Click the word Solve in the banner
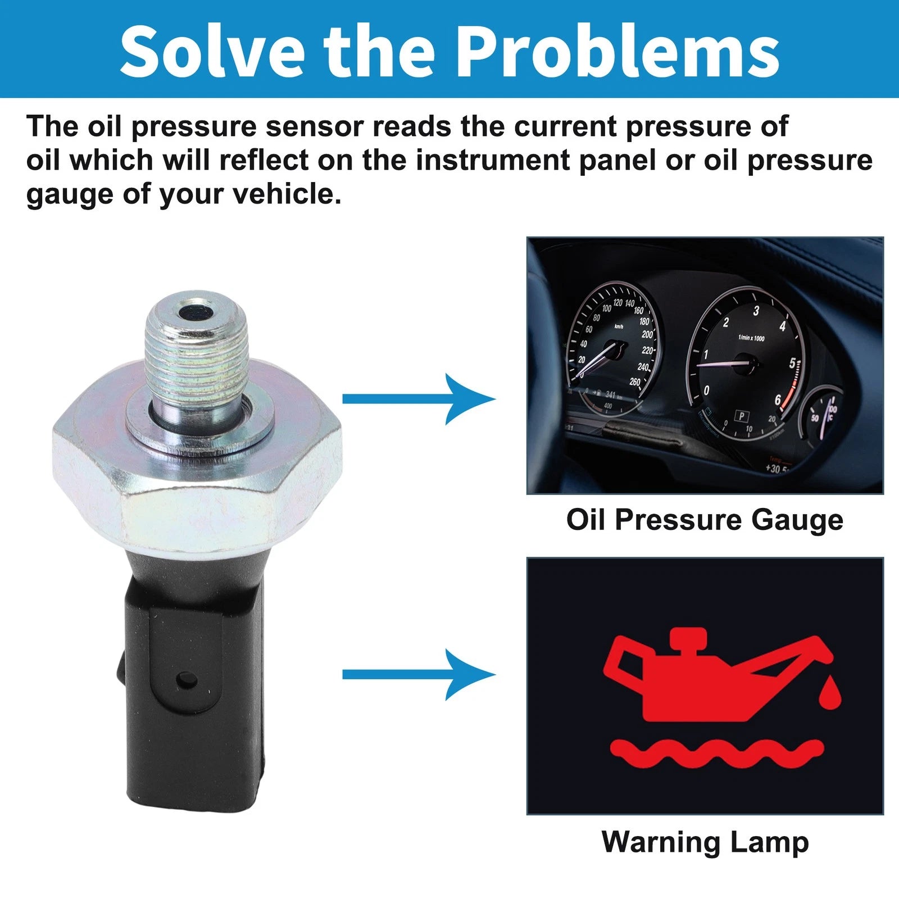point(212,51)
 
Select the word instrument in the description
point(493,160)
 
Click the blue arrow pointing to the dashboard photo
point(419,399)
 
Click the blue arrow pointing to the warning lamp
point(419,674)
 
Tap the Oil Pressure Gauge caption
point(705,520)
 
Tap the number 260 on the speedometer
point(635,382)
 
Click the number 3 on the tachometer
point(756,311)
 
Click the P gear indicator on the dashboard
point(742,416)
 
